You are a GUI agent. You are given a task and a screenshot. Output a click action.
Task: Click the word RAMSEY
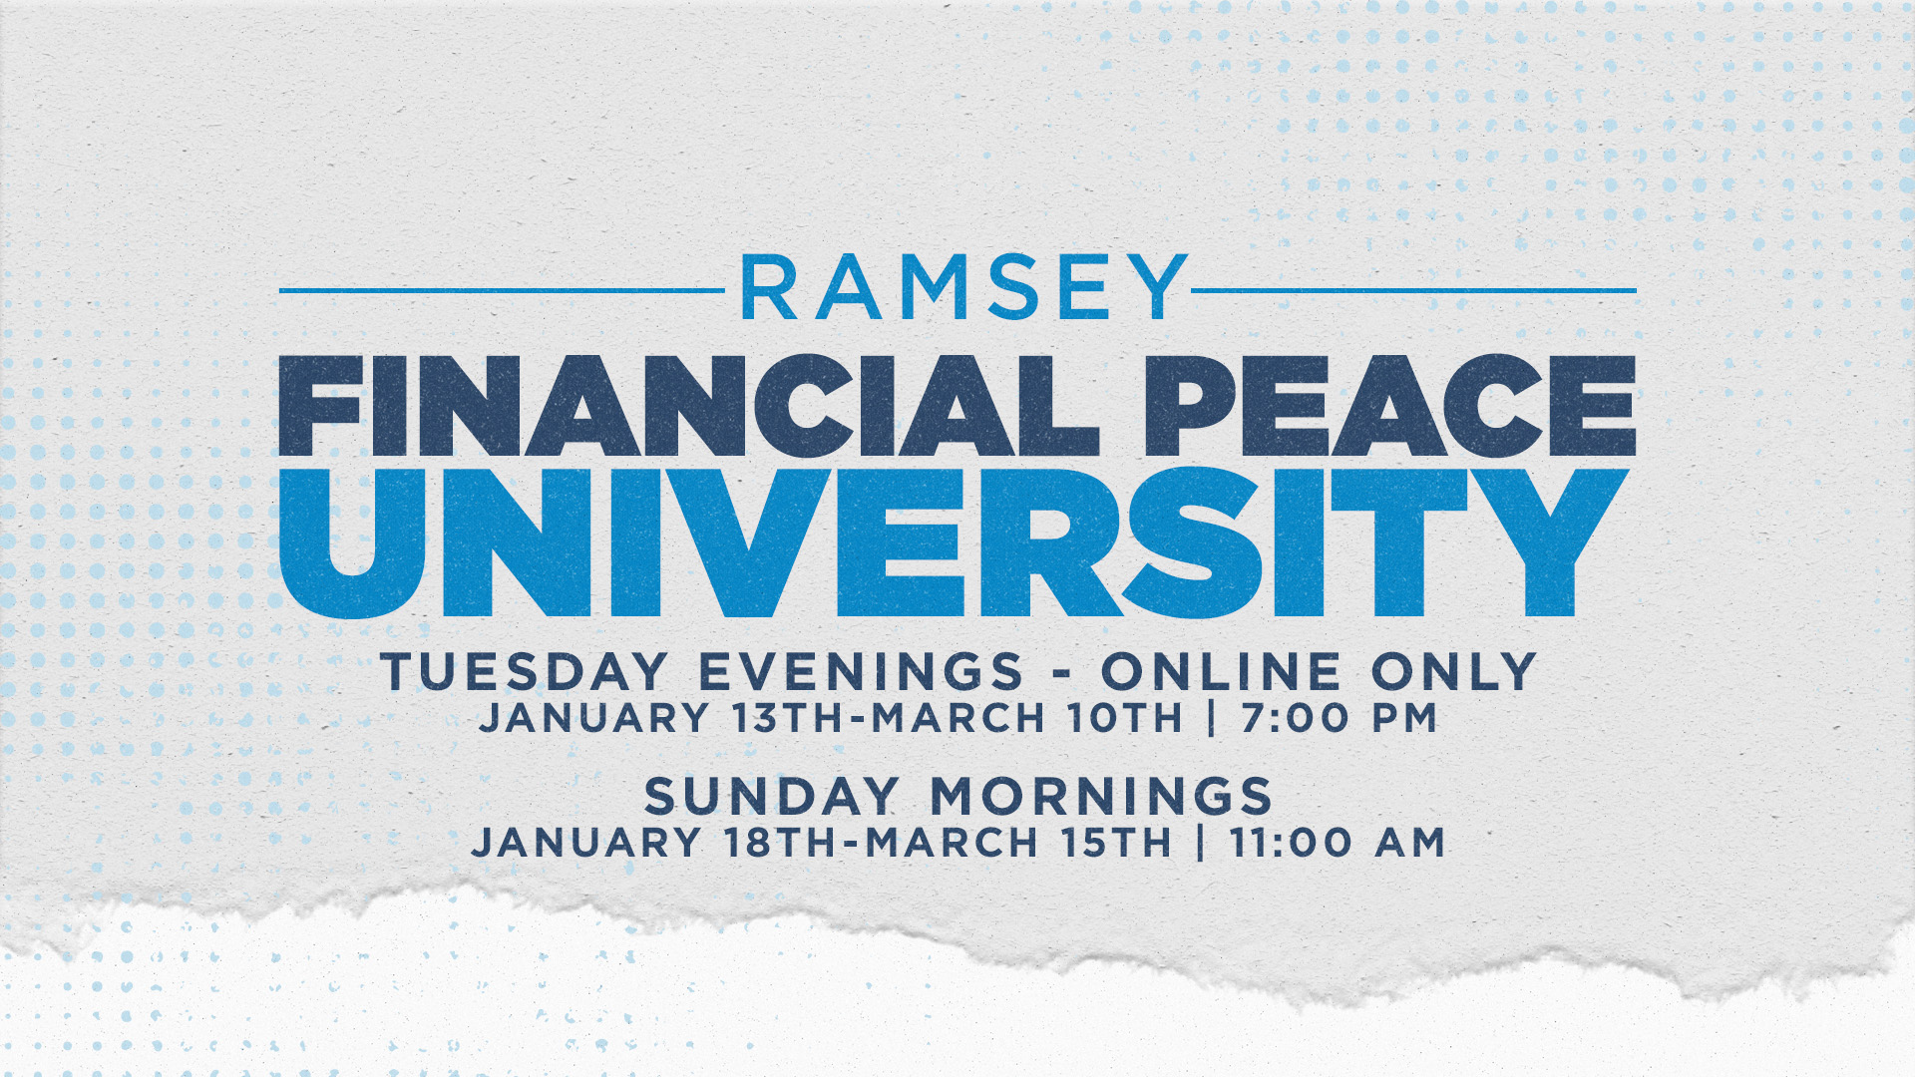coord(964,287)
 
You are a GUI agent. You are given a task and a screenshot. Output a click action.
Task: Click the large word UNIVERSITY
coord(955,543)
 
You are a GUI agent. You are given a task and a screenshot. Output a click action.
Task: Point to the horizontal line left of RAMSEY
coord(502,291)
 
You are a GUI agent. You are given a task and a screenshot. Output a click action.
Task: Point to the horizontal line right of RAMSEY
coord(1414,291)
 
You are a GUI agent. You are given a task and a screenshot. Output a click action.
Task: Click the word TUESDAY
coord(524,671)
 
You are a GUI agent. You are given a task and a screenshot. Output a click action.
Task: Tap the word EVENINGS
coord(861,671)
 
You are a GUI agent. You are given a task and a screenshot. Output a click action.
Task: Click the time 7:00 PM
coord(1340,718)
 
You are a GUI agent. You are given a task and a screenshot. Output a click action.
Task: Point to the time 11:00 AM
coord(1338,843)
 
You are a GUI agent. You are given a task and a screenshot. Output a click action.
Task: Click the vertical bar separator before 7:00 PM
coord(1212,718)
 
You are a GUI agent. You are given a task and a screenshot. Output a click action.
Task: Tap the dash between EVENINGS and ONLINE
coord(1062,674)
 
